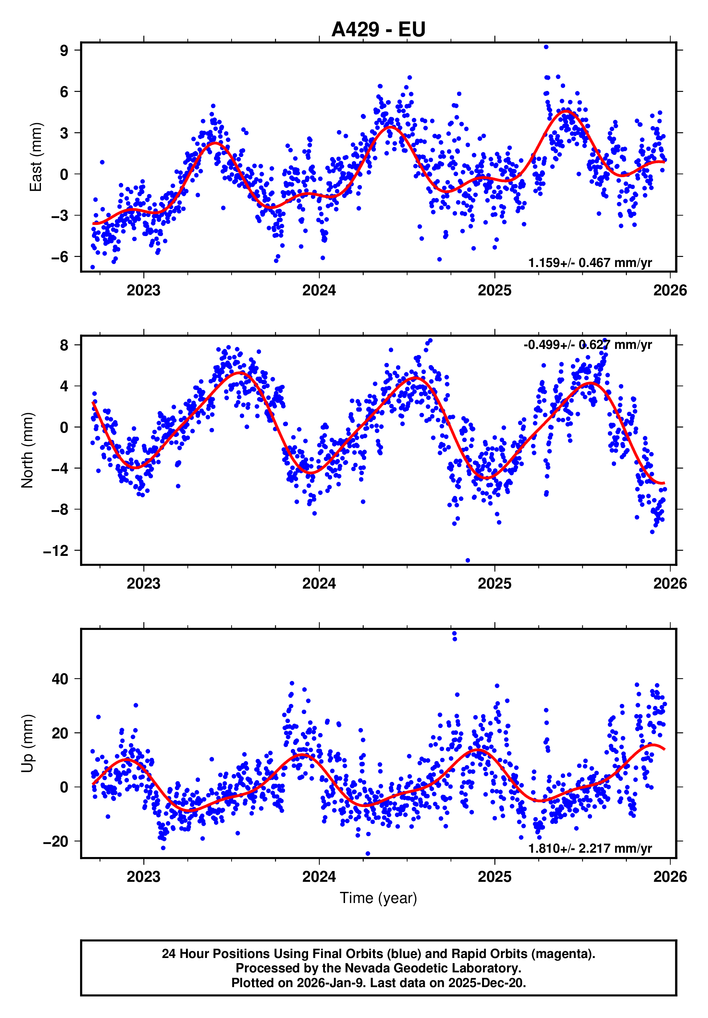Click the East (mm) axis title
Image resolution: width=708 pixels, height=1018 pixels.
[x=36, y=157]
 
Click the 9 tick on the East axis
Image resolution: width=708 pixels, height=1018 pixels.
[x=64, y=51]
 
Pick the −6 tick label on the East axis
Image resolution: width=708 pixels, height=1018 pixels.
[x=60, y=257]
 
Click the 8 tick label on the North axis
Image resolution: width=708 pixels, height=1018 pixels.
[x=64, y=345]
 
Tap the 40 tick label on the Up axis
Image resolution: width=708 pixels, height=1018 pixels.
[x=60, y=679]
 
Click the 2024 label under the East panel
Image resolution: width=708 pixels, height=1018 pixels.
[x=319, y=290]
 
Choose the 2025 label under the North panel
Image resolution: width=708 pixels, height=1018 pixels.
[x=494, y=584]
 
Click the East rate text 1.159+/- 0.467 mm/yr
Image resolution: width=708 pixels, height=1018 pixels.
[x=590, y=263]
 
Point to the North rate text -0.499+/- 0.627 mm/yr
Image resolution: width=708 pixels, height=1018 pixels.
[x=587, y=345]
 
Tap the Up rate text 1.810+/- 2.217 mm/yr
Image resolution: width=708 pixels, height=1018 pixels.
[x=590, y=849]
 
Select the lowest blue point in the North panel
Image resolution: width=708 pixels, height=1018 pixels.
[x=468, y=561]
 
